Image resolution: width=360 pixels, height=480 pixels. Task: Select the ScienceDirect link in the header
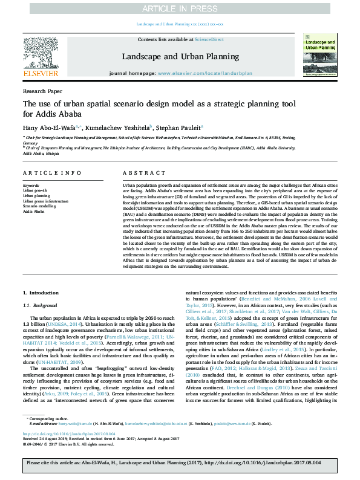[209, 39]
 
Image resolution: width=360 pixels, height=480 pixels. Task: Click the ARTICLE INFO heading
[48, 173]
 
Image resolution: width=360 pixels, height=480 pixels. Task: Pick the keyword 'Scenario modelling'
[39, 206]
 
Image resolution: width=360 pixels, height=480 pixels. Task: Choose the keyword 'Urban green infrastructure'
[46, 201]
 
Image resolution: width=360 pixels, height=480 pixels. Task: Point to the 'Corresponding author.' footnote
[48, 434]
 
